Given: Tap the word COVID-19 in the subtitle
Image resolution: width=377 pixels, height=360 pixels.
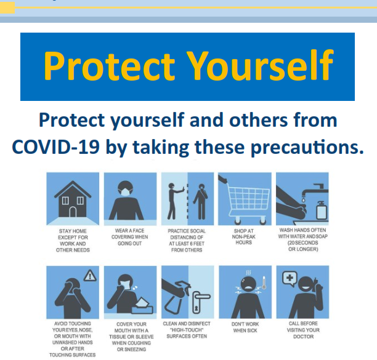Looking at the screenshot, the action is click(x=56, y=146).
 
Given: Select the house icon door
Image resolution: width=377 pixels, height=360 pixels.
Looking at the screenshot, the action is click(x=73, y=212).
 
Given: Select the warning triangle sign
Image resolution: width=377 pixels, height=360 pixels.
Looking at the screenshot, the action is click(x=90, y=276).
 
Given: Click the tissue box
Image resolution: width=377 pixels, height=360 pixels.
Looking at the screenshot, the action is click(x=142, y=306).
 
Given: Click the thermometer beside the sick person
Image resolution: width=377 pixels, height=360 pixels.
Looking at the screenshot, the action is click(x=264, y=282).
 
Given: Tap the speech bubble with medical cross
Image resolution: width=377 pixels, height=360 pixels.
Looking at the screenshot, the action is click(x=290, y=279).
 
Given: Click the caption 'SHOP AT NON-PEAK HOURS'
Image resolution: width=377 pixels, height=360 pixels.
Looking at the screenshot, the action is click(x=244, y=236).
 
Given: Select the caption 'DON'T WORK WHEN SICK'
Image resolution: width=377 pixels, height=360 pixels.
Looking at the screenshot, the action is click(x=245, y=327).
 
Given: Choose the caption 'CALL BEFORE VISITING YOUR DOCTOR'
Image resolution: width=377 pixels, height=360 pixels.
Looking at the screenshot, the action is click(x=303, y=330).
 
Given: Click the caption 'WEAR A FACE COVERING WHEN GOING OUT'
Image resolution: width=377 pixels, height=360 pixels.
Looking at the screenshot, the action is click(x=129, y=237).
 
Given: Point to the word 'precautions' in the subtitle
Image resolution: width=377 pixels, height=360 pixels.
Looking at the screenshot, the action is click(x=307, y=146).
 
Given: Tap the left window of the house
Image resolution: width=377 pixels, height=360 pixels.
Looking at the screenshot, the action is click(x=65, y=201).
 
